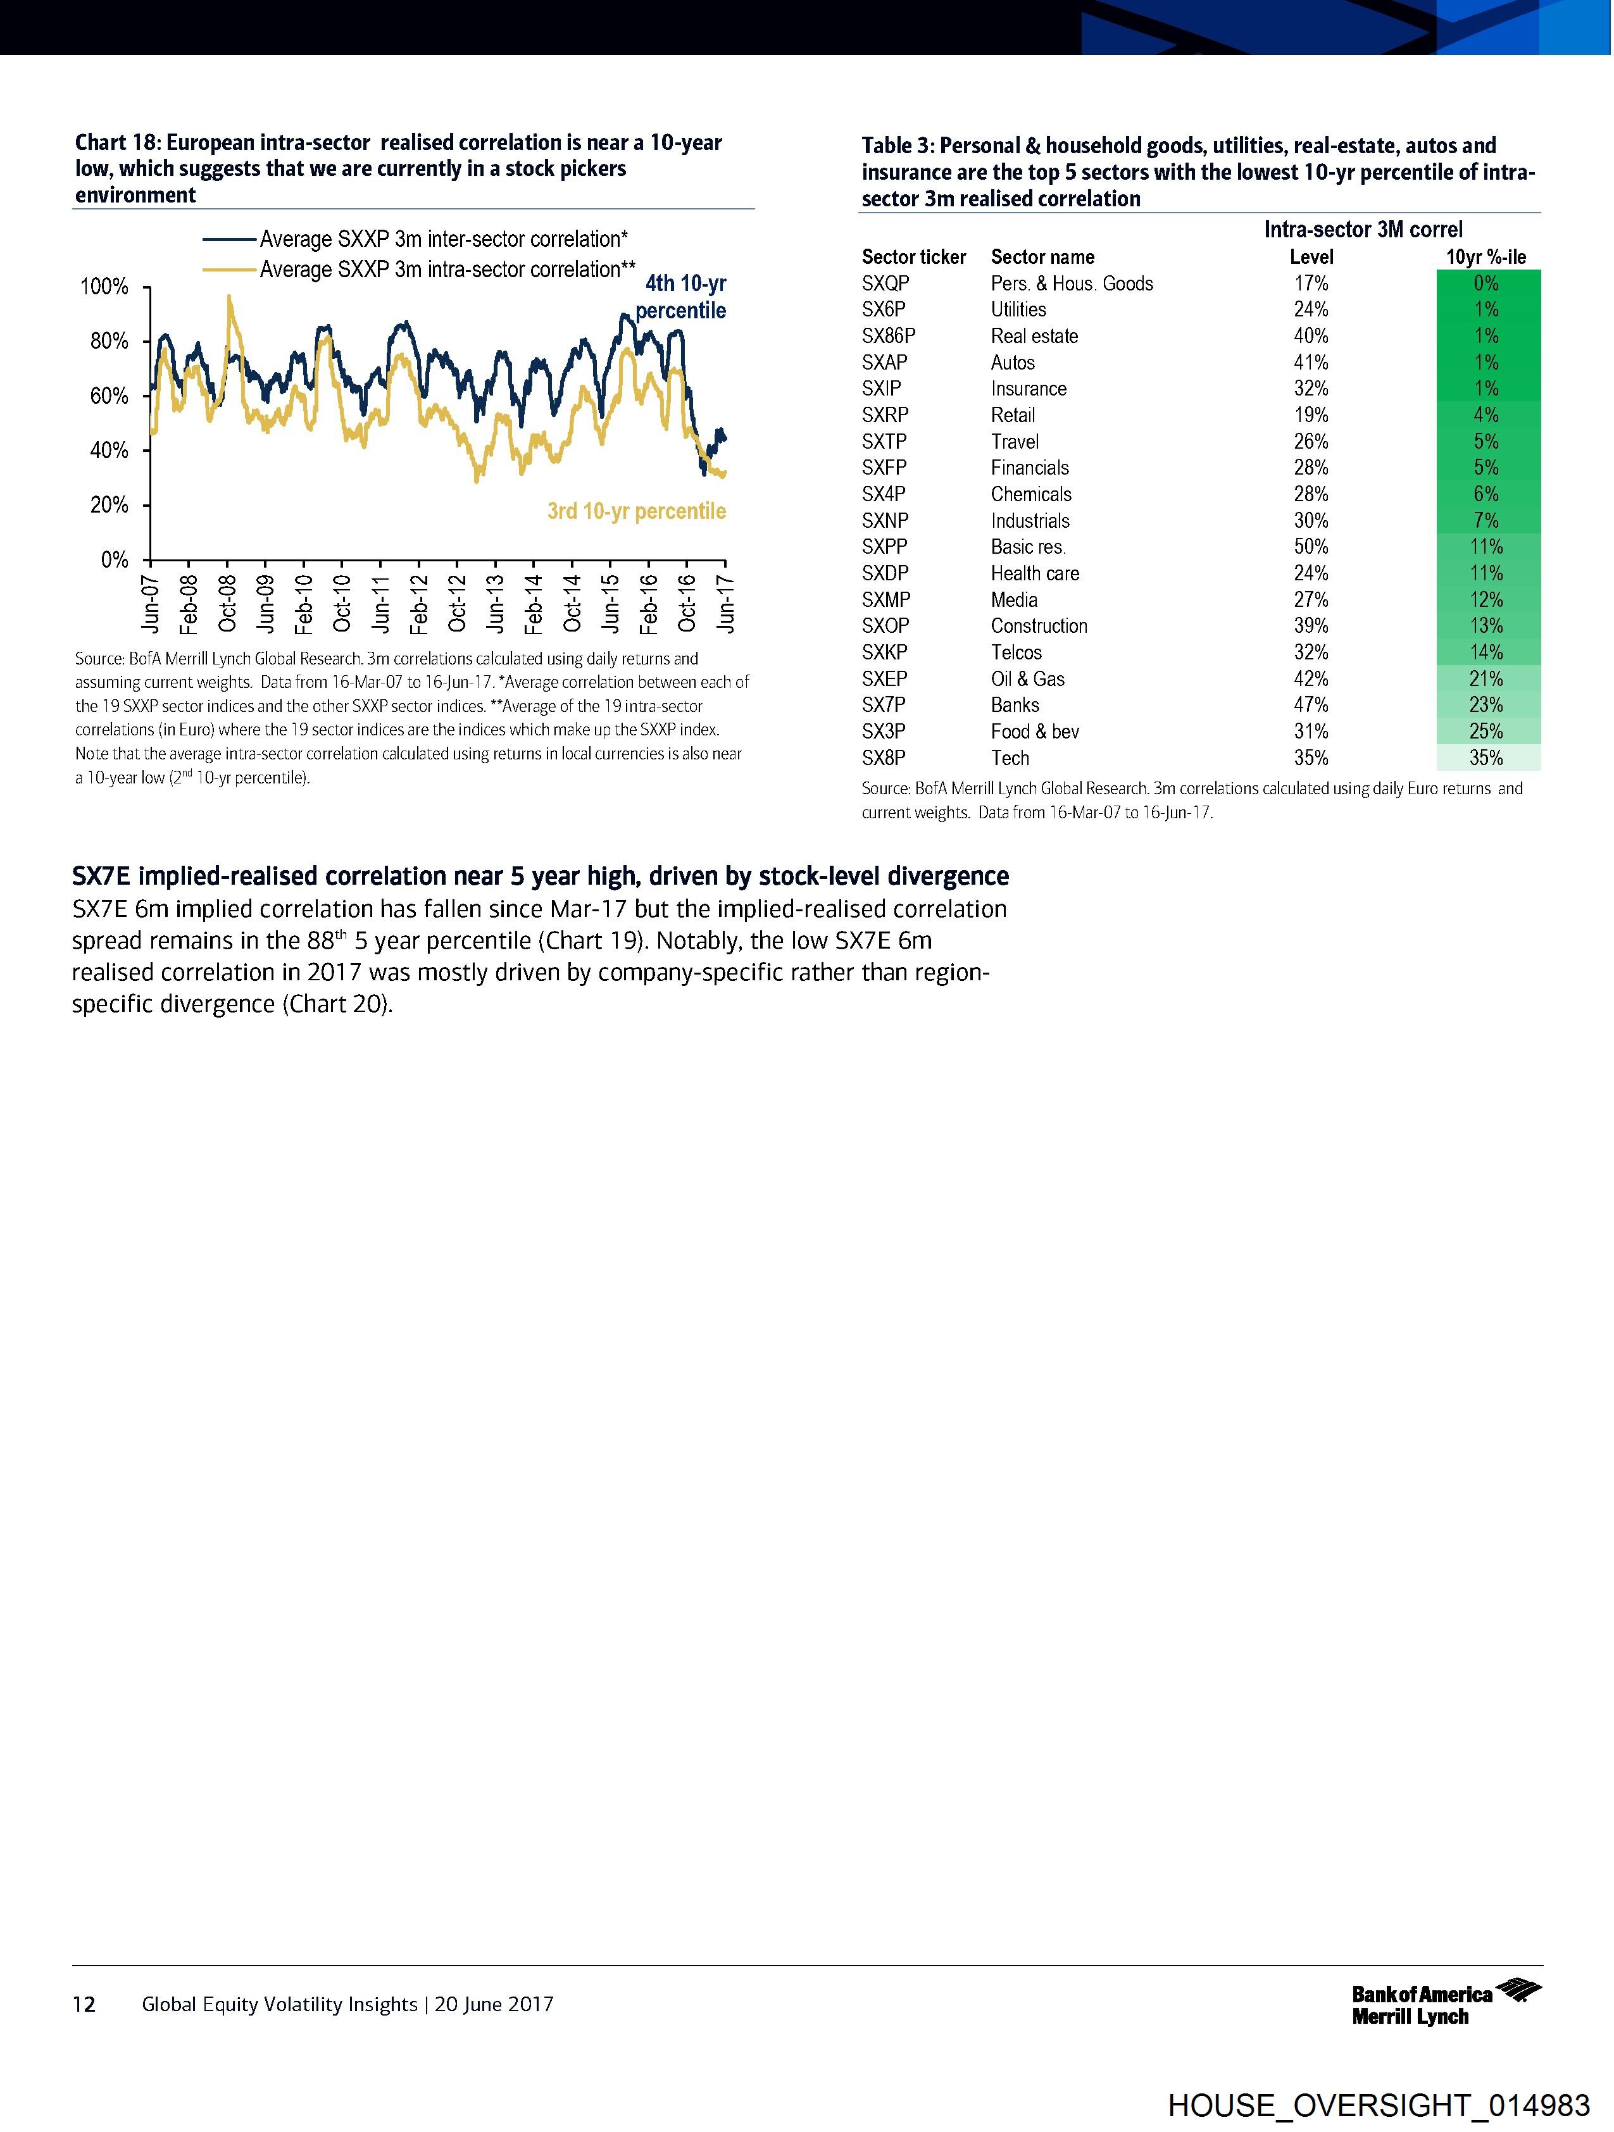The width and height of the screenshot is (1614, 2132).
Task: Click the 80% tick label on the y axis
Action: click(x=109, y=341)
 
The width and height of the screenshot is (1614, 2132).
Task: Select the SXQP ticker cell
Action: click(x=885, y=284)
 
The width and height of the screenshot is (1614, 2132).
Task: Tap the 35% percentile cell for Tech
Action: click(x=1486, y=757)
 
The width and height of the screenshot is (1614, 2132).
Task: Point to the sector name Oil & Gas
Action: click(x=1028, y=678)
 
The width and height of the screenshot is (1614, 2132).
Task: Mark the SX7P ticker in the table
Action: click(x=884, y=704)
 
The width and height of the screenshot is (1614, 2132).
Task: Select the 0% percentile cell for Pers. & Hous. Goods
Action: click(x=1486, y=284)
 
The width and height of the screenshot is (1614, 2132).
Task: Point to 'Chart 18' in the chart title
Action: click(x=116, y=142)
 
